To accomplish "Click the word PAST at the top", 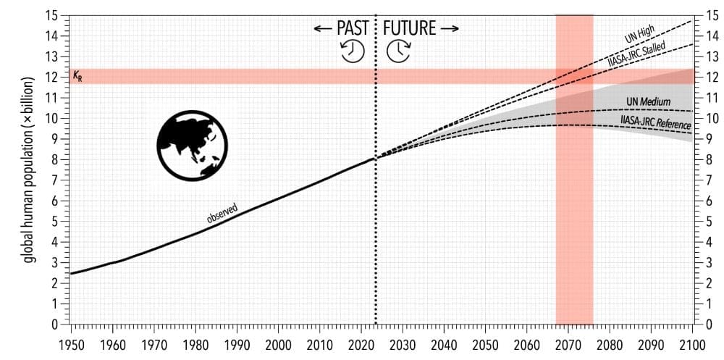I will (352, 28).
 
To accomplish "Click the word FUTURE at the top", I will (410, 28).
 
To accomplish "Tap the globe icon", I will (192, 145).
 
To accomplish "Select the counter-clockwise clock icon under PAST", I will (353, 51).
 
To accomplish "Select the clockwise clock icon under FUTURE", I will (398, 51).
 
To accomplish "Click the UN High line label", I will (641, 34).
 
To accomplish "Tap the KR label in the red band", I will (77, 76).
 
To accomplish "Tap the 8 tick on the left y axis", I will (56, 159).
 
